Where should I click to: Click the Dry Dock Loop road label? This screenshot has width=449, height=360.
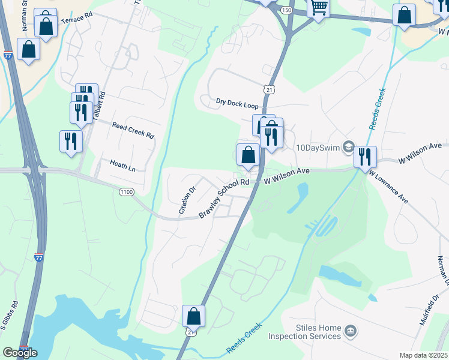(x=237, y=104)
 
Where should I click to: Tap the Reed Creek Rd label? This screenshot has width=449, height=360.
(x=133, y=129)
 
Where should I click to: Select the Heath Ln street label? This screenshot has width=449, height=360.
(x=122, y=165)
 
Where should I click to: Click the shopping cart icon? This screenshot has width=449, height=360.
(x=319, y=8)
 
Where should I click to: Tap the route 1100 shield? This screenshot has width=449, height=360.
(x=126, y=191)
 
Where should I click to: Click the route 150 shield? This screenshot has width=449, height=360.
(x=286, y=10)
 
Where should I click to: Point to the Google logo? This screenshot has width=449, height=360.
(x=20, y=353)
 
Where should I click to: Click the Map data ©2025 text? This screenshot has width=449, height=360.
(x=423, y=355)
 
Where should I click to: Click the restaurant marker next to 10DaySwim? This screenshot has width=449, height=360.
(x=365, y=157)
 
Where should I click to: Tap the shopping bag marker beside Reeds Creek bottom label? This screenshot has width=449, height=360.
(x=193, y=316)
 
